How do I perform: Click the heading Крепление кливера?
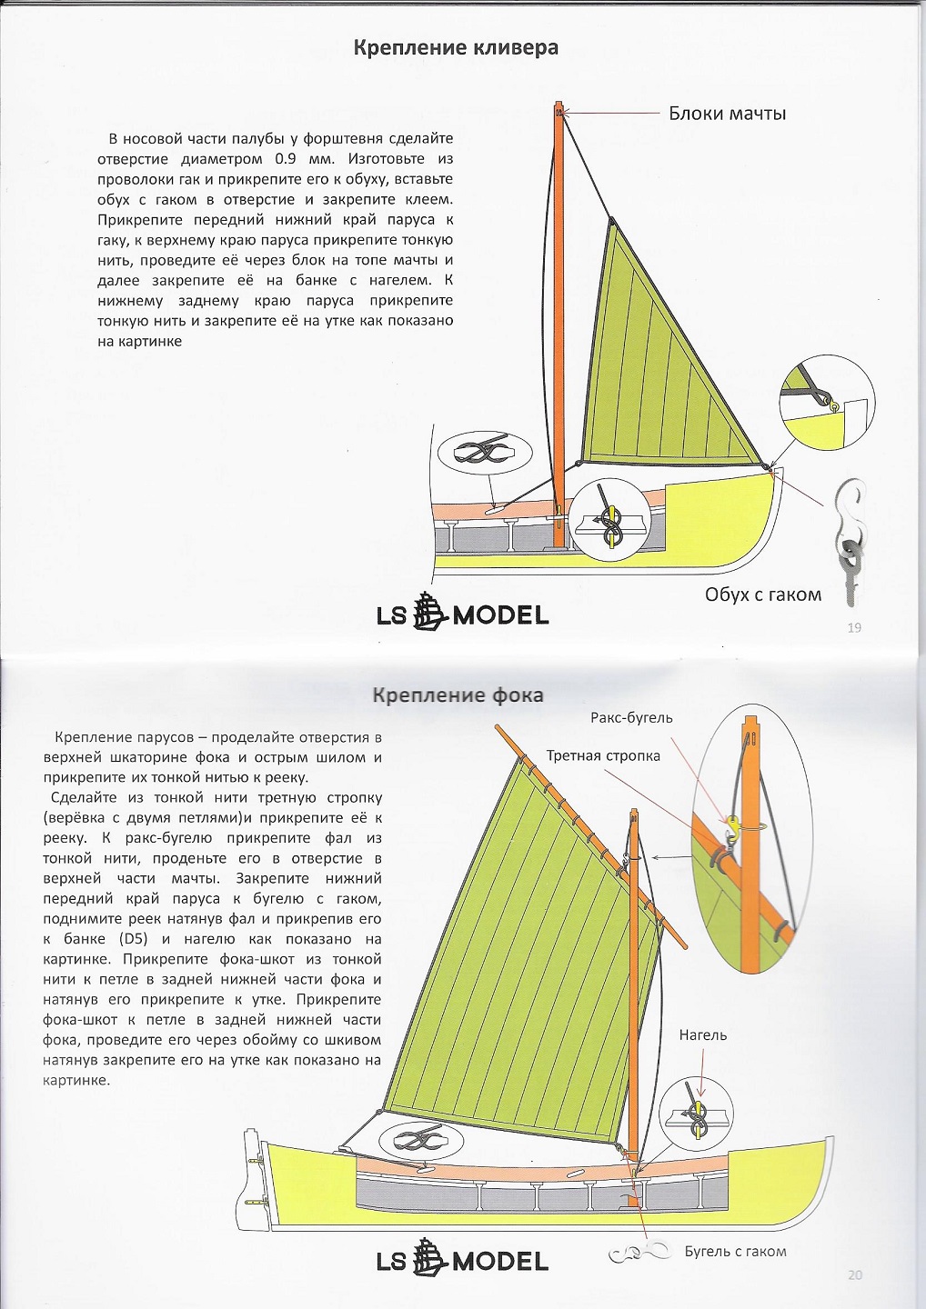pos(456,48)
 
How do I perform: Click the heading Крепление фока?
pos(458,695)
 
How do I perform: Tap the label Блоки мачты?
pos(727,114)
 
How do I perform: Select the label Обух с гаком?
pos(762,595)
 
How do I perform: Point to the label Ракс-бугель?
pos(631,718)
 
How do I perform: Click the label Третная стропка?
pos(603,756)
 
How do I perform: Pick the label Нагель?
pos(702,1035)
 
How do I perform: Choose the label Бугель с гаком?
pos(735,1252)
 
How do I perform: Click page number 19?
pos(853,627)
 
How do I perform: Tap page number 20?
pos(853,1274)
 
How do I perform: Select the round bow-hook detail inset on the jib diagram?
pos(827,401)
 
